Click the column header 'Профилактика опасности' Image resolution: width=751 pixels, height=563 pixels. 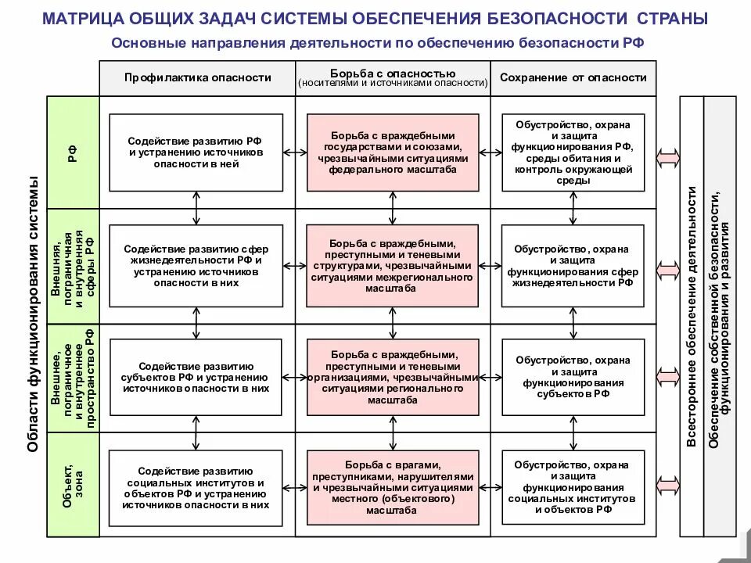(197, 77)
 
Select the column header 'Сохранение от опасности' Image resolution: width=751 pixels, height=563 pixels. (573, 77)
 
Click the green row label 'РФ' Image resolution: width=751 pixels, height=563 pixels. (74, 153)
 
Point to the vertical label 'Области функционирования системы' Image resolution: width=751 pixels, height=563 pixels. (33, 313)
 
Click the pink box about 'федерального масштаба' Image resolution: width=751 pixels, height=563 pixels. (393, 152)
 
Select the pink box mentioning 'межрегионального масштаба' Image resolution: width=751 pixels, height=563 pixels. (393, 266)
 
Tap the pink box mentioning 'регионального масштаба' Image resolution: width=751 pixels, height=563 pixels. (393, 377)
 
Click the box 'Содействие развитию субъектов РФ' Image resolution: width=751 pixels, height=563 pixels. (196, 377)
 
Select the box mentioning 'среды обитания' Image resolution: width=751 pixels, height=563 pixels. (573, 152)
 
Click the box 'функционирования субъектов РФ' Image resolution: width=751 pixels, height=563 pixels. (573, 377)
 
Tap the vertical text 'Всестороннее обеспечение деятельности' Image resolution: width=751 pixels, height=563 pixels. (692, 317)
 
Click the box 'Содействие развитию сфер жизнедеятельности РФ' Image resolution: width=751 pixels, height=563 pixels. (196, 266)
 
